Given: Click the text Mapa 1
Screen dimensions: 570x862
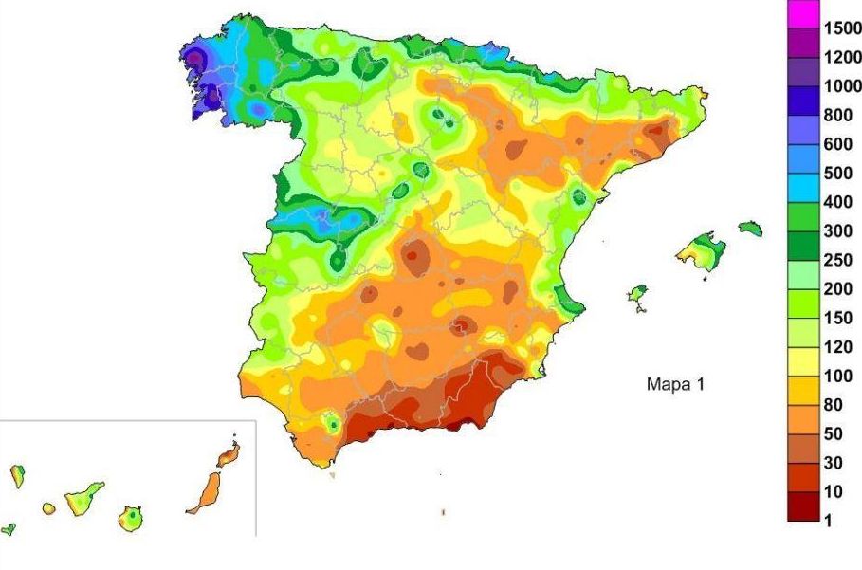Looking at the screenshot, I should tap(675, 384).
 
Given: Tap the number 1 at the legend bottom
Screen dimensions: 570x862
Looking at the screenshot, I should tap(827, 521).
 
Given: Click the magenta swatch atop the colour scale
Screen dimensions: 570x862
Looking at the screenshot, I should tap(801, 12).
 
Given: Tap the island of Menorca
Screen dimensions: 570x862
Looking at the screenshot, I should tap(750, 228).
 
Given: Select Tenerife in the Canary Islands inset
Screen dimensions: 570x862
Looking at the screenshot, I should tap(83, 498).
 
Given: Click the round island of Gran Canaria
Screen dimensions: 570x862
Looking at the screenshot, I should tap(132, 518).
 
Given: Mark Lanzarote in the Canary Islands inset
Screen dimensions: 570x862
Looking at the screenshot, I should tap(229, 454).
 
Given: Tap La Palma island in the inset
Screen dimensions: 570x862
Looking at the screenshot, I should tap(17, 475).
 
